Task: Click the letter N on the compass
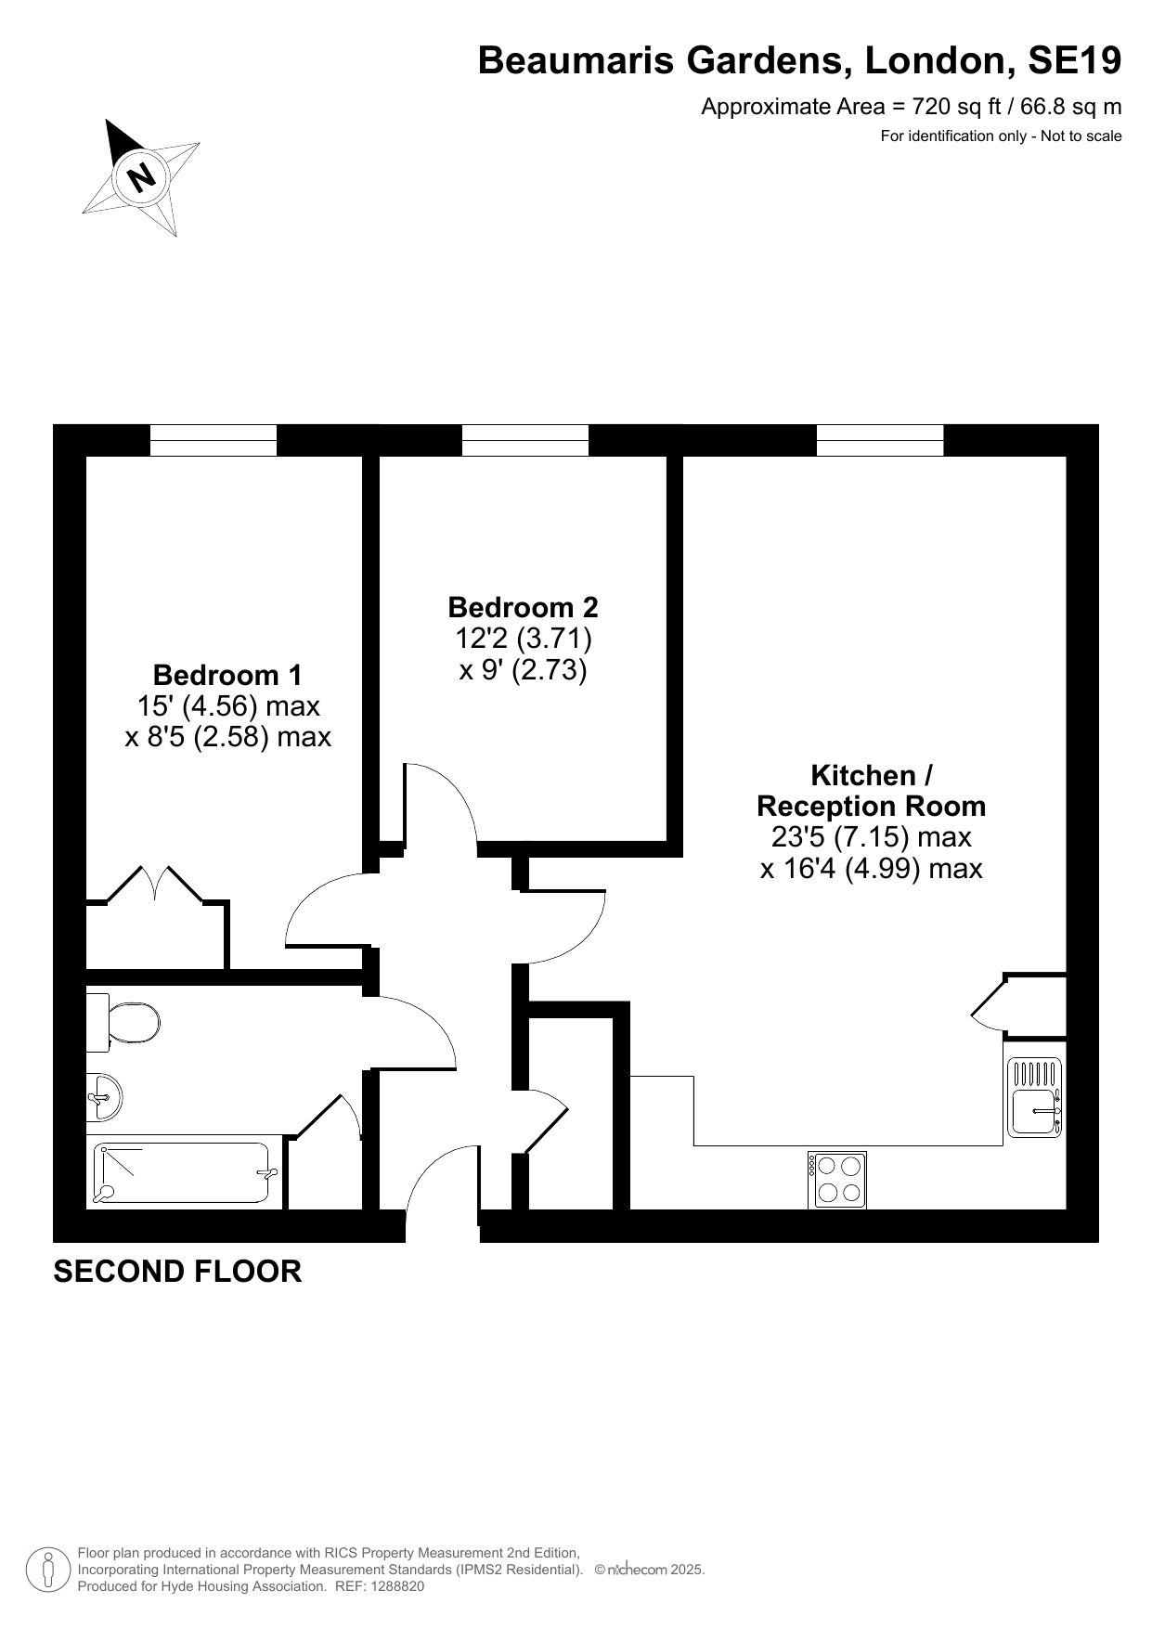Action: pos(141,175)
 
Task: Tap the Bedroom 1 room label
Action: pos(227,675)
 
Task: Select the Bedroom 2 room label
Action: pos(523,607)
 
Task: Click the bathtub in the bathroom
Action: pos(184,1171)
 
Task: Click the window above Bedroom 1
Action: pos(214,440)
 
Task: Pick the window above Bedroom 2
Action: pos(525,440)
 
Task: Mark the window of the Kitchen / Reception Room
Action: pos(880,440)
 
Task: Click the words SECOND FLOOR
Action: pos(177,1271)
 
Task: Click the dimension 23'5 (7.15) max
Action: pos(872,837)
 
